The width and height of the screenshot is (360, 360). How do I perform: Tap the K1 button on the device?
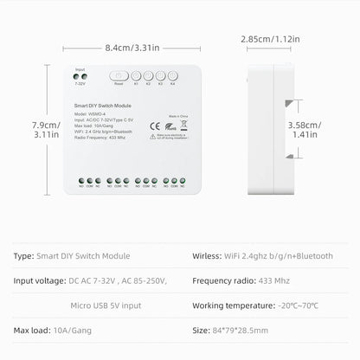136,75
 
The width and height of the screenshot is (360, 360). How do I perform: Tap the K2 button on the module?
148,75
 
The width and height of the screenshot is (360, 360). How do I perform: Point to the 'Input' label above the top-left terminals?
80,68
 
